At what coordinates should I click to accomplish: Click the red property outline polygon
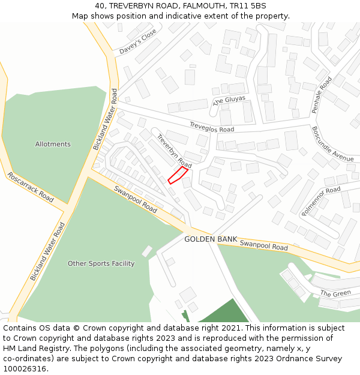coord(178,175)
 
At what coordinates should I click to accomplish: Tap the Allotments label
coord(53,144)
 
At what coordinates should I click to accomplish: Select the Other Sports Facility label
coord(101,263)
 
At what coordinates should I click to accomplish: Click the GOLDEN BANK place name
coord(210,239)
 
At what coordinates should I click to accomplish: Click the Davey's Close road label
coord(137,41)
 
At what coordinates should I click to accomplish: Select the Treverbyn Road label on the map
coord(174,151)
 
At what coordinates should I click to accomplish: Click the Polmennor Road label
coord(321,200)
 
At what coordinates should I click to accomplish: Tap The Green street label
coord(335,293)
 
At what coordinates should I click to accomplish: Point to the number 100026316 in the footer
coord(26,369)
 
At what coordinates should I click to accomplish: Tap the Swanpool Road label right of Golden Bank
coord(264,246)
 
